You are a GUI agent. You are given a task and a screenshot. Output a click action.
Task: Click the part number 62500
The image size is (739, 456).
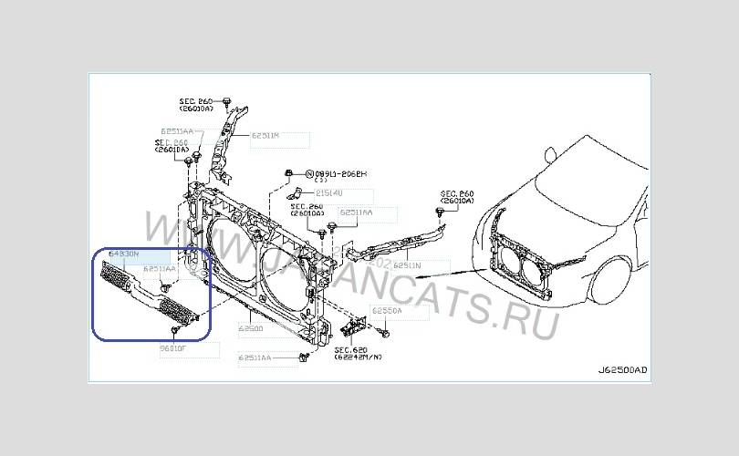click(251, 327)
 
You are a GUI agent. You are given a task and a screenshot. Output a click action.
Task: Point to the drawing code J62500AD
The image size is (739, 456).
click(622, 370)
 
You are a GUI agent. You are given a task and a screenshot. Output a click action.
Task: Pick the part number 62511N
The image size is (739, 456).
click(407, 265)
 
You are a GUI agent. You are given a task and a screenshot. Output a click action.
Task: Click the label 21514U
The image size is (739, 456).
click(330, 193)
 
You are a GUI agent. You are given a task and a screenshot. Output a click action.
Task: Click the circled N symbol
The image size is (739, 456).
click(309, 172)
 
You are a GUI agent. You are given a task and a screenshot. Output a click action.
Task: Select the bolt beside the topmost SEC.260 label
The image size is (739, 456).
click(227, 99)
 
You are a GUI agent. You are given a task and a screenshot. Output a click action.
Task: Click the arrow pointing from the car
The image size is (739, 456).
click(461, 271)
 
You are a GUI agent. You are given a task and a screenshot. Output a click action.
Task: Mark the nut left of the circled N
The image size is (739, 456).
click(288, 171)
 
